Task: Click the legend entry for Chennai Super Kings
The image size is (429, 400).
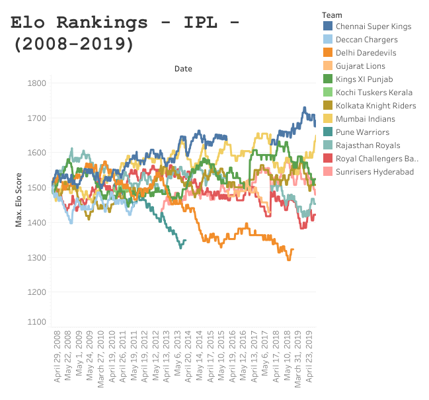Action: (373, 26)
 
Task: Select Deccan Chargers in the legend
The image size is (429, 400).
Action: (366, 40)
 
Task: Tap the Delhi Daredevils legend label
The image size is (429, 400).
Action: (366, 53)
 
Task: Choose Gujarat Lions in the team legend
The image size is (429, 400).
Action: (360, 66)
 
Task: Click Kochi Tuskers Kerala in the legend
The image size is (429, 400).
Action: (373, 93)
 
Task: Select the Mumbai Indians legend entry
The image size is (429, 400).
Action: (365, 119)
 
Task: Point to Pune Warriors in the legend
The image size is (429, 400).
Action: (362, 132)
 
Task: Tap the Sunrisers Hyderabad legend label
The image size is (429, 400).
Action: (374, 172)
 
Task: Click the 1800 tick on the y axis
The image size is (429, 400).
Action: (37, 83)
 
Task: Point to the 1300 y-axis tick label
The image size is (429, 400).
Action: (37, 257)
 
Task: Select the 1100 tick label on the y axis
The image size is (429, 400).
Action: (37, 322)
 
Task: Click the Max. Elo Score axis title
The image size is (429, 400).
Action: (20, 198)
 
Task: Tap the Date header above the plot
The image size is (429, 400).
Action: (183, 68)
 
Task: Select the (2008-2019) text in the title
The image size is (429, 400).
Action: (73, 44)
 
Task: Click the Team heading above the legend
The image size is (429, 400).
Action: (331, 14)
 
